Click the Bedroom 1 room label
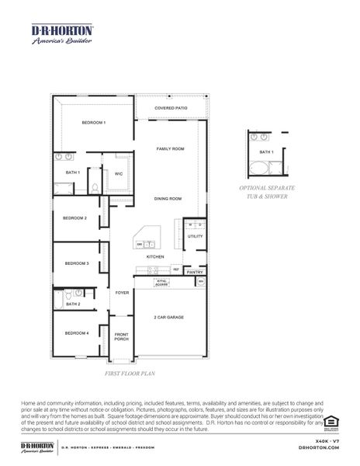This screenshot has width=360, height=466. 94,123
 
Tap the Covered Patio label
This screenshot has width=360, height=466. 171,109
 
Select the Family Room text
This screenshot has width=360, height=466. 170,148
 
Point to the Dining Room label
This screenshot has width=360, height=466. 168,199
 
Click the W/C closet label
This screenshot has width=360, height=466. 119,175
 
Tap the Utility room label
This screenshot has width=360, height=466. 195,236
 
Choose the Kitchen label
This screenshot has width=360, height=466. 155,256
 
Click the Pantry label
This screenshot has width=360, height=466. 195,272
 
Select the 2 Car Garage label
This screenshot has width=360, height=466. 168,317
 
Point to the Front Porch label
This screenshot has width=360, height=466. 121,337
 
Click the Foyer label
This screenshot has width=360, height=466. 122,293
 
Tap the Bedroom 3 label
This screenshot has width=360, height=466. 77,263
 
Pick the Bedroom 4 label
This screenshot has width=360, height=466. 77,332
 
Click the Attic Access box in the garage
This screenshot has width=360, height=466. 162,282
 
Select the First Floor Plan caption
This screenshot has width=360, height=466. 131,374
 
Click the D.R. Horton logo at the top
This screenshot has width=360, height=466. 62,34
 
